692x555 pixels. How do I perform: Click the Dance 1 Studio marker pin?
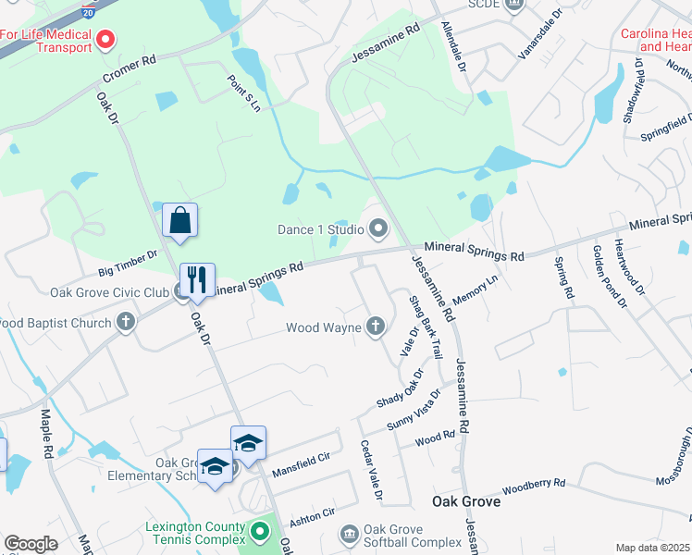(378, 228)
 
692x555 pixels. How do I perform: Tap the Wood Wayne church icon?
(375, 326)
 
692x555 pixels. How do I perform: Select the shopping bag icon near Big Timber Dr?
(179, 222)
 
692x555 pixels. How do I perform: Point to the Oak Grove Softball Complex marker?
(349, 534)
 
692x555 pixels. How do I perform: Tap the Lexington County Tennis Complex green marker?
(260, 532)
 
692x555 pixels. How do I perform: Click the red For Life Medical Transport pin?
(105, 40)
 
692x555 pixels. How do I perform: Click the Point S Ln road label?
(243, 92)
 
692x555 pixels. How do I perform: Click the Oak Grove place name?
(466, 501)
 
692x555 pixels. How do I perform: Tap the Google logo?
(31, 544)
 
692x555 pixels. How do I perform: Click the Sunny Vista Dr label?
(414, 409)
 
